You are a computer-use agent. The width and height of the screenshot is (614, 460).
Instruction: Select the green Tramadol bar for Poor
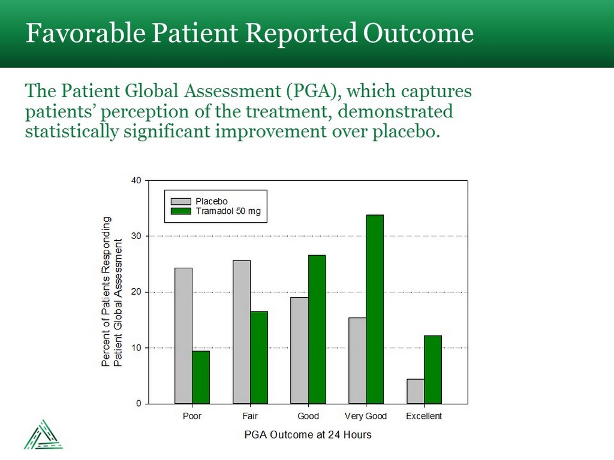click(201, 377)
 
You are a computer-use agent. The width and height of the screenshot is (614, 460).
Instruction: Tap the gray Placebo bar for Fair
click(242, 332)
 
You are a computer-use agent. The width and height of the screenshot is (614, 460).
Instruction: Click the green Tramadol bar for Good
click(317, 329)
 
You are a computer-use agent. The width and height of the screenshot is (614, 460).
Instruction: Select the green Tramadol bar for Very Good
click(375, 309)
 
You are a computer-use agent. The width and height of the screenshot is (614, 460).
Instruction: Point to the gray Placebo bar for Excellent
click(416, 391)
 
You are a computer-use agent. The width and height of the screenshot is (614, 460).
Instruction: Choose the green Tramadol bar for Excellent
click(433, 370)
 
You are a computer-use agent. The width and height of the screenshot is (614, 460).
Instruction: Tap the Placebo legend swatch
click(181, 201)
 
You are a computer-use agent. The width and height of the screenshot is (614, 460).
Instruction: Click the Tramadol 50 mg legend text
click(228, 211)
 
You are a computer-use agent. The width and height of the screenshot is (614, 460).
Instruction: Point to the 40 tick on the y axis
click(137, 180)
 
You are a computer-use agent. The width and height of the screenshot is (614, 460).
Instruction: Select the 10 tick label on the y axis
click(137, 348)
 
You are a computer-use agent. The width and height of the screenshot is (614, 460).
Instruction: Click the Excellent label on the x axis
click(424, 416)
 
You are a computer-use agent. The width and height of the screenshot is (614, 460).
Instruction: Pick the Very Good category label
click(366, 416)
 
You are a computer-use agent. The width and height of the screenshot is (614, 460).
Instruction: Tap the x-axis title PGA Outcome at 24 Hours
click(308, 435)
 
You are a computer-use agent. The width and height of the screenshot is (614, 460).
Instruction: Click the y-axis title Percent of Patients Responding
click(107, 292)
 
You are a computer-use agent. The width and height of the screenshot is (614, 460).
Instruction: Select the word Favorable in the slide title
click(85, 34)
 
